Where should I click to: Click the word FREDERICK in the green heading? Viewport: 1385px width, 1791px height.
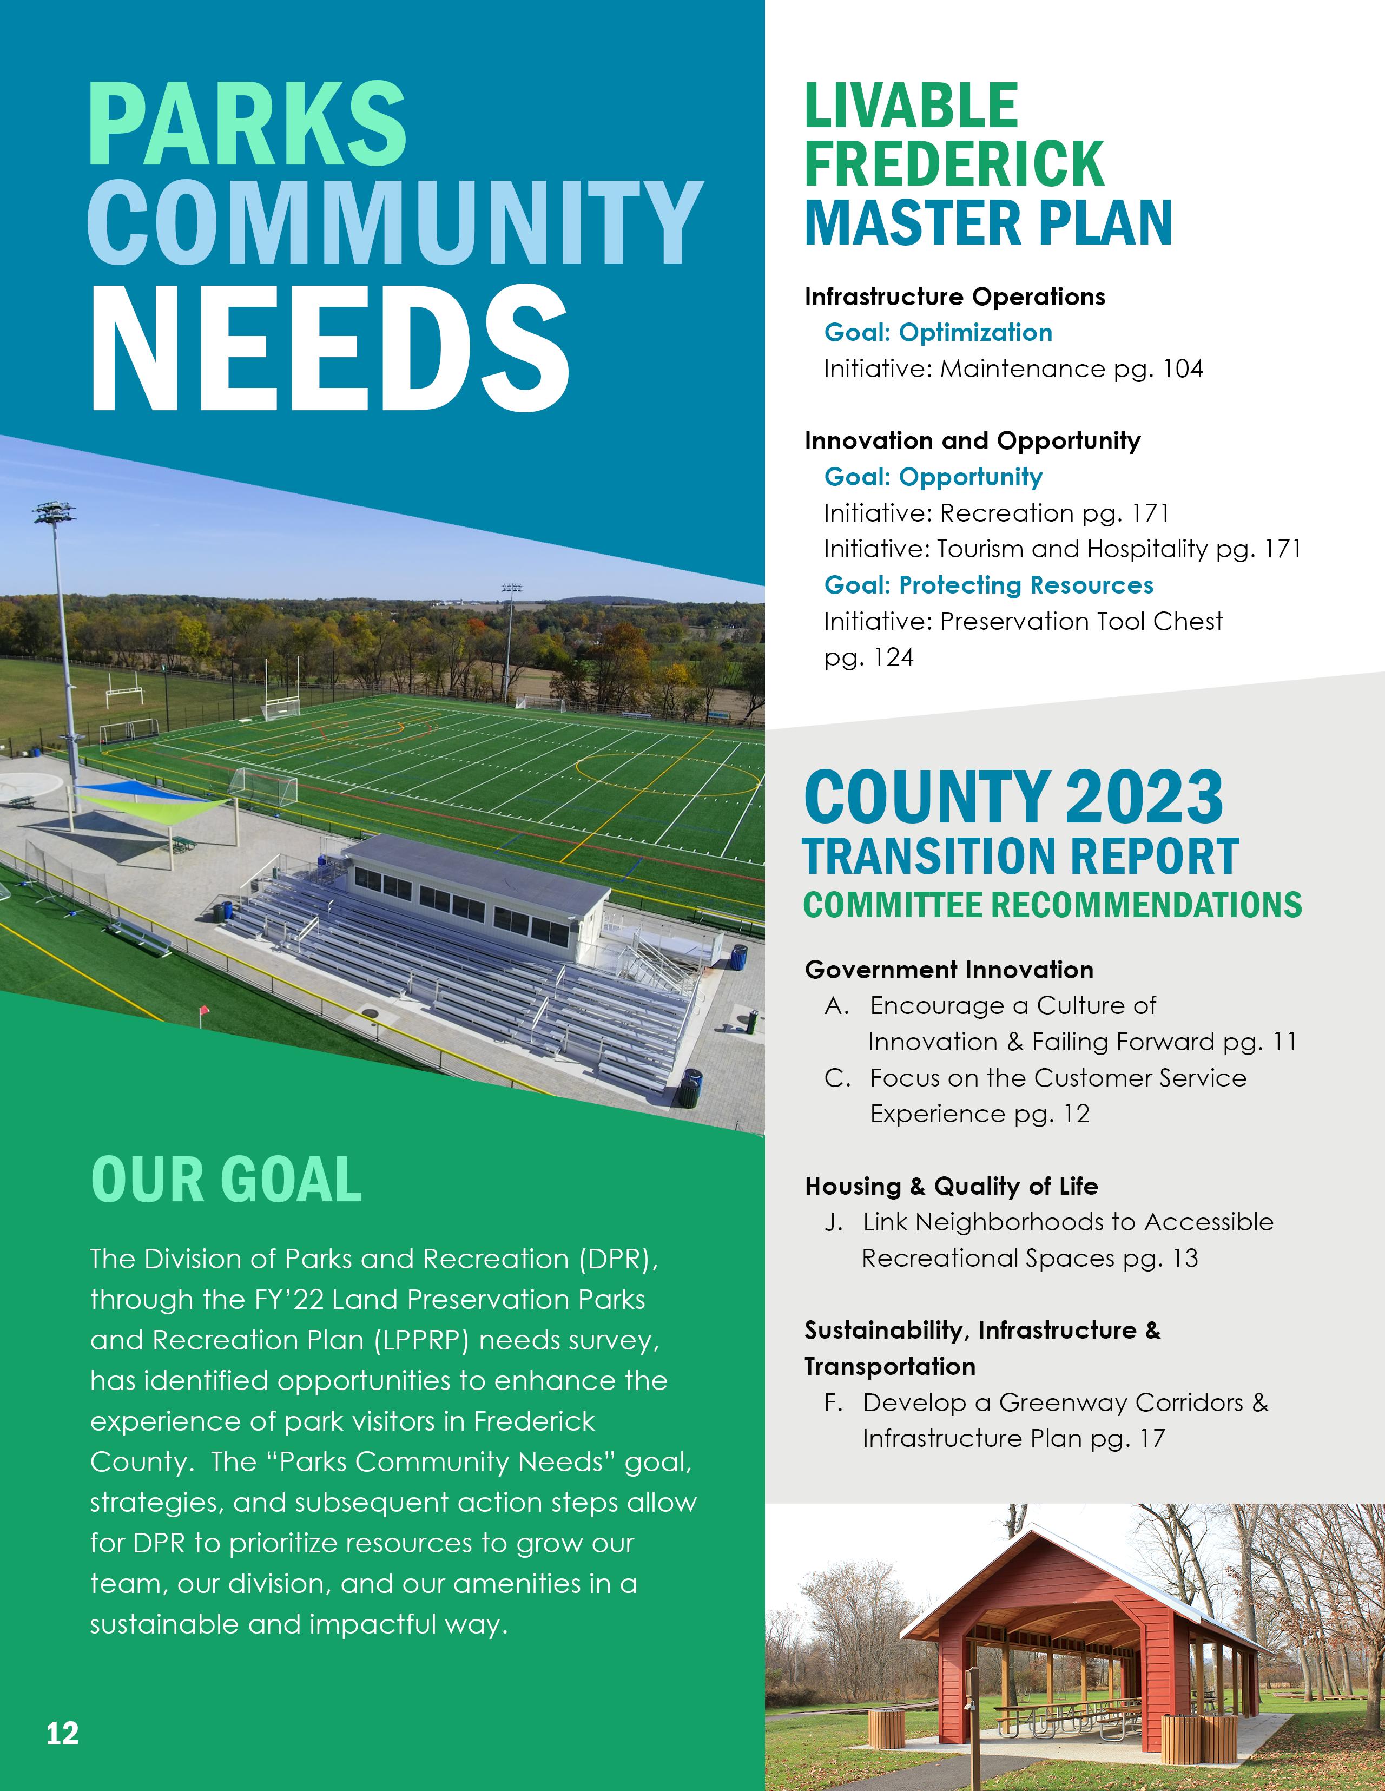(x=954, y=163)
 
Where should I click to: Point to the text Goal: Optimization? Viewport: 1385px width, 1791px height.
(x=938, y=332)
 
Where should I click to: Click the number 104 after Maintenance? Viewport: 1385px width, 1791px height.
(x=1183, y=369)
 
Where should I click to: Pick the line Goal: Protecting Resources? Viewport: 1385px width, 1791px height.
(x=988, y=585)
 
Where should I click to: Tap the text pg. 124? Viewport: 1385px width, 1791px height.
(x=868, y=657)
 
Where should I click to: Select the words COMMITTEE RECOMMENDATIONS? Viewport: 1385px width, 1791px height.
(x=1052, y=905)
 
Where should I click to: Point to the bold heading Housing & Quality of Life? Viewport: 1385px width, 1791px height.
(x=951, y=1186)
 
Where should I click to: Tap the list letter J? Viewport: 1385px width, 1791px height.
(x=833, y=1223)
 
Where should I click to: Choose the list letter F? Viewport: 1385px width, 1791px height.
(x=833, y=1403)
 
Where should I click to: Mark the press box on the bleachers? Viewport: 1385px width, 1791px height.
(x=476, y=894)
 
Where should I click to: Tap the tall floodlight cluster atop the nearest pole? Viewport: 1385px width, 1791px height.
(x=54, y=513)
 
